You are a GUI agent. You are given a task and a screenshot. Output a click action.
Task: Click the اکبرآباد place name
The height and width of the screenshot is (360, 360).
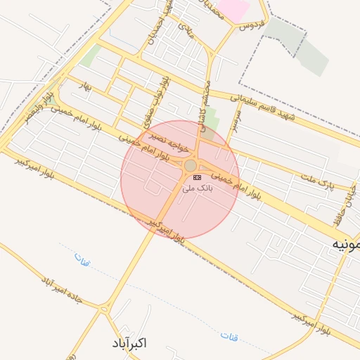129,343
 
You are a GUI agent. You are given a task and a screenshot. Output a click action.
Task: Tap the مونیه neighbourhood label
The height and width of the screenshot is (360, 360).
347,244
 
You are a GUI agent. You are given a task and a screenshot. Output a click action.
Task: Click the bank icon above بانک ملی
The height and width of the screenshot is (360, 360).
196,177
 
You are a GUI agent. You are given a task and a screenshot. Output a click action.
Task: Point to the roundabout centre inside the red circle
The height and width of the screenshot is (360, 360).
191,165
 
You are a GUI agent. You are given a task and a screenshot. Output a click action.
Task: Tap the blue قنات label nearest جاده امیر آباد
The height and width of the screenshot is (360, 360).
82,262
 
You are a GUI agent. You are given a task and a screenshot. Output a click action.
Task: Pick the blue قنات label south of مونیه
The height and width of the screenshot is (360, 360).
229,337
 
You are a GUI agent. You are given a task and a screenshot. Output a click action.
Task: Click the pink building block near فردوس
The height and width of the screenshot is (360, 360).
234,9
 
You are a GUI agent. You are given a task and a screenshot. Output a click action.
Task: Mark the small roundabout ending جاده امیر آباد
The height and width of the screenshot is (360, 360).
104,308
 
